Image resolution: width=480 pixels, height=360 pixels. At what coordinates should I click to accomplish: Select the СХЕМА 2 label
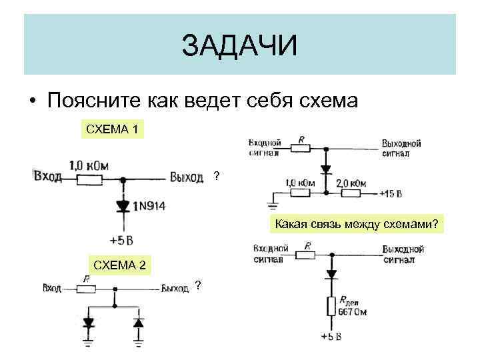pyautogui.click(x=119, y=265)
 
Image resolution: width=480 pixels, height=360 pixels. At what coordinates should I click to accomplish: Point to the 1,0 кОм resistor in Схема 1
pyautogui.click(x=88, y=179)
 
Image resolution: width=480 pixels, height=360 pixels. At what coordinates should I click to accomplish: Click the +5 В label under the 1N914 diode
pyautogui.click(x=121, y=239)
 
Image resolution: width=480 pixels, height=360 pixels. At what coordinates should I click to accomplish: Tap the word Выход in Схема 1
pyautogui.click(x=187, y=177)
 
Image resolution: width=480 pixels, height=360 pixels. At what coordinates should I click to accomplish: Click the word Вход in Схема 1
pyautogui.click(x=47, y=177)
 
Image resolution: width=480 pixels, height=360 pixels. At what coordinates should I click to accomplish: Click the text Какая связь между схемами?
pyautogui.click(x=357, y=224)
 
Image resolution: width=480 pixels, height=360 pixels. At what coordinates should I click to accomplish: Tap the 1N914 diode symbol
pyautogui.click(x=123, y=206)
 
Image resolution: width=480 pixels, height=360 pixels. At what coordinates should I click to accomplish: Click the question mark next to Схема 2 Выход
pyautogui.click(x=198, y=287)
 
